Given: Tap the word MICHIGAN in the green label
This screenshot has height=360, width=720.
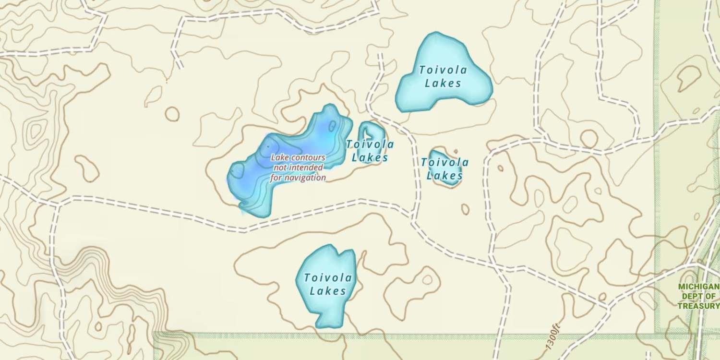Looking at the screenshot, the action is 698,287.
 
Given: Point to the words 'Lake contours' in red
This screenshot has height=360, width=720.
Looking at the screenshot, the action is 298,157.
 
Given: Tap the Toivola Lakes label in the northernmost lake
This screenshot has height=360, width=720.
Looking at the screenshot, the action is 443,76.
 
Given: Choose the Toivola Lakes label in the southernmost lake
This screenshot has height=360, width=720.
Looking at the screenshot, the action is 328,284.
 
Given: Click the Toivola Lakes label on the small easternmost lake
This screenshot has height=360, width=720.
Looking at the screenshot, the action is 445,169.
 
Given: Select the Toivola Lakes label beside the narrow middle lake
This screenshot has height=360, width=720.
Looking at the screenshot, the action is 370,151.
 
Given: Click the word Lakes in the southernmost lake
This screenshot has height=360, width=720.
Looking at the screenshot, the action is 328,291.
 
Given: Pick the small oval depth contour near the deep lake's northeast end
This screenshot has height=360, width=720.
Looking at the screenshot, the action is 332,126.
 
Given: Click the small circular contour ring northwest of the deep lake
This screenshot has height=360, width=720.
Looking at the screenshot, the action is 172,114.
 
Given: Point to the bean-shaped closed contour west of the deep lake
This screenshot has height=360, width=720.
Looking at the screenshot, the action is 87,168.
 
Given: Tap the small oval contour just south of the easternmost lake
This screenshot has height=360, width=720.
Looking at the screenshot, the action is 465,209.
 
